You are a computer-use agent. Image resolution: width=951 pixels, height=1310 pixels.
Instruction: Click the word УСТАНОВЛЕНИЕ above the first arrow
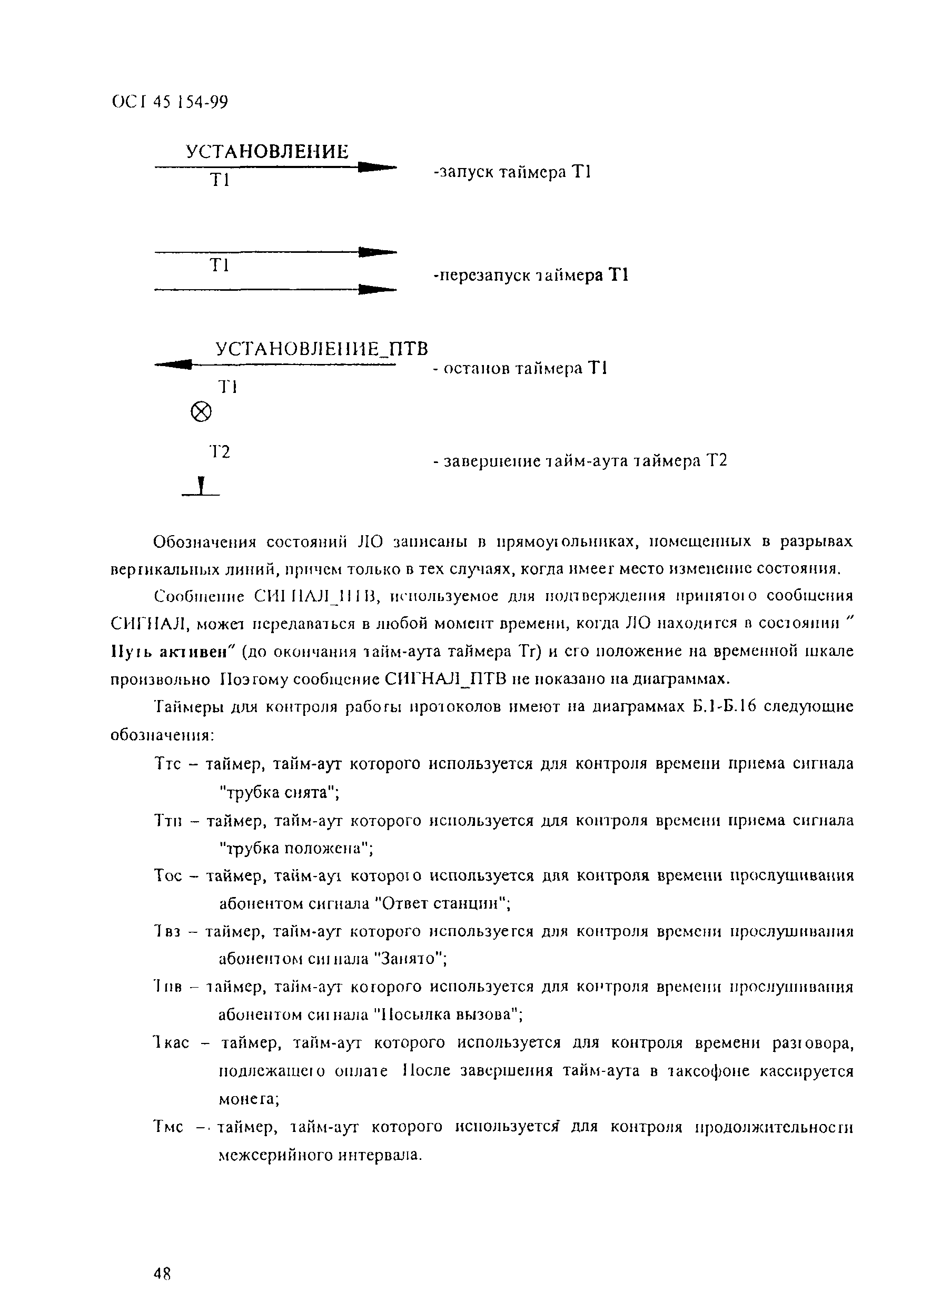(x=267, y=152)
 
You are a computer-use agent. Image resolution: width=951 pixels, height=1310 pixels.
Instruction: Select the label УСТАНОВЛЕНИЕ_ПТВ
(x=322, y=349)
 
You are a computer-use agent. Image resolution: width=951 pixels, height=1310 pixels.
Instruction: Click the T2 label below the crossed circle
(x=220, y=452)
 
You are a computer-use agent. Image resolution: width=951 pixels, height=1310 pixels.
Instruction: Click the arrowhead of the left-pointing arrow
(x=173, y=365)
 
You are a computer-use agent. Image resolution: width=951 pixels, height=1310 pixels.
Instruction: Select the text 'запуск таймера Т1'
(x=512, y=172)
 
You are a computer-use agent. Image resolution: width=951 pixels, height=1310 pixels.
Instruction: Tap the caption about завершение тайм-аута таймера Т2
(x=580, y=461)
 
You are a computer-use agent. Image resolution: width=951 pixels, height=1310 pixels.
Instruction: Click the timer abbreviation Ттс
(x=167, y=764)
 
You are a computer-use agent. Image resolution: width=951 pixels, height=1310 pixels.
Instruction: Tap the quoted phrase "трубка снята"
(x=280, y=792)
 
